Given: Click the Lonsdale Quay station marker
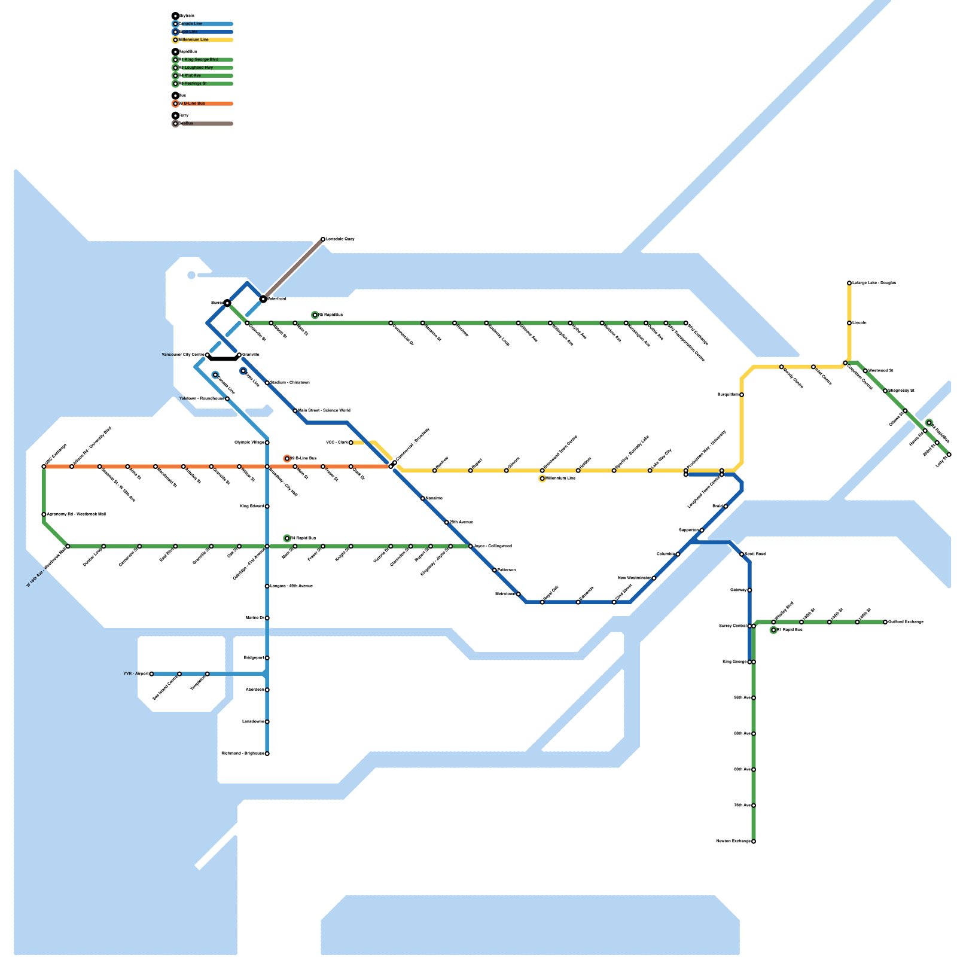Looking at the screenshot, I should coord(323,239).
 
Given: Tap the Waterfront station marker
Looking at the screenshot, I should coord(263,298).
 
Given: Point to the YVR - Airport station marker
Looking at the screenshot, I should coord(151,674).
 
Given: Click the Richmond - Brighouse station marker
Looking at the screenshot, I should coord(267,754).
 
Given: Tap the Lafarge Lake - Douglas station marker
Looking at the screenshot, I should coord(849,283).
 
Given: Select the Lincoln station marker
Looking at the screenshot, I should coord(849,323).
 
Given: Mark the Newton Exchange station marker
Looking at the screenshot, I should coord(754,842).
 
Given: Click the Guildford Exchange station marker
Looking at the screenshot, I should coord(885,622).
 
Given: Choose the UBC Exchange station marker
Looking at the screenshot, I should coord(44,467).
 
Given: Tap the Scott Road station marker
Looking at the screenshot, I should coord(742,554).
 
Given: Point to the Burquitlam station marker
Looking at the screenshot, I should coord(742,395).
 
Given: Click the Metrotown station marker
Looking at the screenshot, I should coord(519,594).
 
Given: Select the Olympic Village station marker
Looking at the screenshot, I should coord(267,443).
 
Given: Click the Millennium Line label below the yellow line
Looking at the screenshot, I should coord(560,478).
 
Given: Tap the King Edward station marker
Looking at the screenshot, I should coord(267,507).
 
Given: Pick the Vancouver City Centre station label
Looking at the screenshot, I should coord(183,355).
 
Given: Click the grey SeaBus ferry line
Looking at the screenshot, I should coord(293,269).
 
